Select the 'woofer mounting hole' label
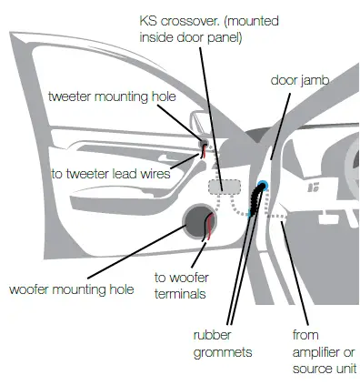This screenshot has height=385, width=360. (71, 289)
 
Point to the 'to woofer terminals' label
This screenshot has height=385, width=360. (180, 286)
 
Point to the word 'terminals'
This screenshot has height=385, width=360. (180, 294)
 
